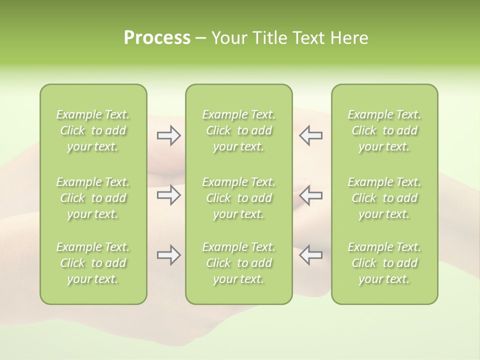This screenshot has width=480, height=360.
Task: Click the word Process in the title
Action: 157,38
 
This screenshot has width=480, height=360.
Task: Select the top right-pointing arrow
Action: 168,135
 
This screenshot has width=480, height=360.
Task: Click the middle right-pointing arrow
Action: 168,195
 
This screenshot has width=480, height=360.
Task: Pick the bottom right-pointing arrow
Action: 168,255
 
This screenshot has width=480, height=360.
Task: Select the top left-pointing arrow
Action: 310,135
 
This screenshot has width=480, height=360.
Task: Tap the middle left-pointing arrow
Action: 310,195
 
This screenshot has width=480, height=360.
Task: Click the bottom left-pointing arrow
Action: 310,255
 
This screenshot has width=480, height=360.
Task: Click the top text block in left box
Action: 93,130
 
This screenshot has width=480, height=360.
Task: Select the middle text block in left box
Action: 93,198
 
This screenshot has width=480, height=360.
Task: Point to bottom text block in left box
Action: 93,263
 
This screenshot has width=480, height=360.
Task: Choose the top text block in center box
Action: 239,130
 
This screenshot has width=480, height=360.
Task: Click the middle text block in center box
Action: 239,198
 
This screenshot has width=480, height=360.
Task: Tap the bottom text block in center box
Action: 239,263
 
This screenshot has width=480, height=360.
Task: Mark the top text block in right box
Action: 384,130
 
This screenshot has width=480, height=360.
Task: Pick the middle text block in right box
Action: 384,198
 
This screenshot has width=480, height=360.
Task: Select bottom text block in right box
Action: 384,263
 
